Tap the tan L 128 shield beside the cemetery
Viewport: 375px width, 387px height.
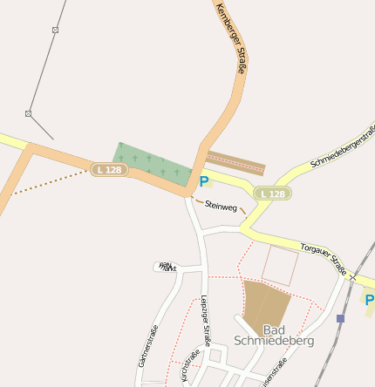109,169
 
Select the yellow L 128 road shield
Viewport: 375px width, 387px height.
272,193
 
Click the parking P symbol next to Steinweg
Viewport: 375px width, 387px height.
204,182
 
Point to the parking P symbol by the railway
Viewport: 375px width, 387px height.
369,301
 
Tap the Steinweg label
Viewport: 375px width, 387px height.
221,207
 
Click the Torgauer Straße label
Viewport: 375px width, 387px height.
324,254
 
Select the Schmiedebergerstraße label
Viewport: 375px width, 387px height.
344,147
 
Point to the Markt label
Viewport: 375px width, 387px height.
166,267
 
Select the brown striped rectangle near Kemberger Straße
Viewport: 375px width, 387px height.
235,163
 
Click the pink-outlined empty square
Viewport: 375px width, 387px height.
280,265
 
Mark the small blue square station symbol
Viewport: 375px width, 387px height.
340,319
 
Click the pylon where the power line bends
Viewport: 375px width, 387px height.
28,113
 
